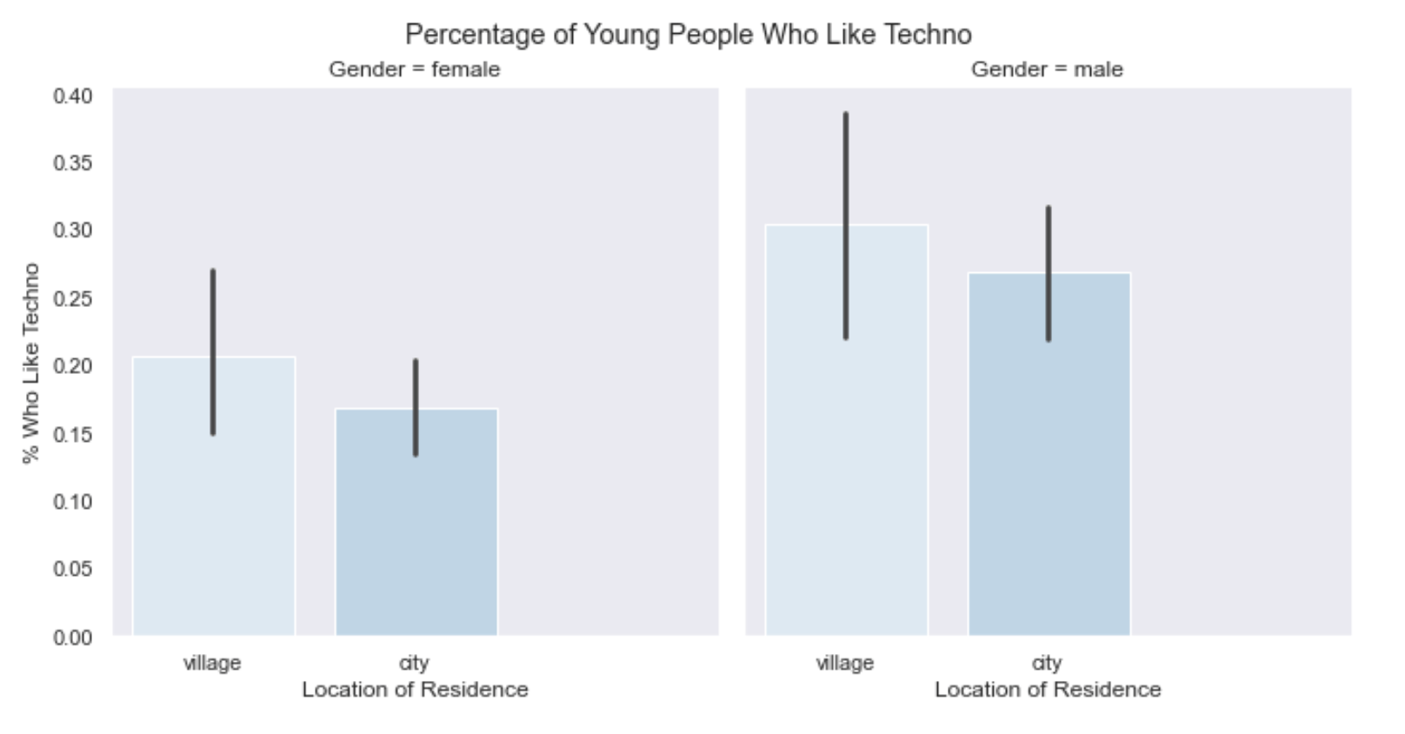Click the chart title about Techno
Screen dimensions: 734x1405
(688, 35)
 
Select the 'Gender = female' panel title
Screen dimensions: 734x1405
(414, 70)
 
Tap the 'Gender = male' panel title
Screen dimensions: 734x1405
(1047, 70)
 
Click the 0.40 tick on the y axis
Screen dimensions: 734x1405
(73, 96)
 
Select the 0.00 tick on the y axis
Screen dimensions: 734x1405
(73, 638)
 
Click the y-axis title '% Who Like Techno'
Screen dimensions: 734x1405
(31, 363)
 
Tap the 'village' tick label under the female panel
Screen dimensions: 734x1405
(212, 664)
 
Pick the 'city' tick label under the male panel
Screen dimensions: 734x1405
(1047, 664)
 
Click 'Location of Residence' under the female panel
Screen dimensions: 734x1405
(415, 690)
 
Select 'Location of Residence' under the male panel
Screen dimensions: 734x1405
(1048, 690)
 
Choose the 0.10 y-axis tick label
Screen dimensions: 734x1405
(73, 503)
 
